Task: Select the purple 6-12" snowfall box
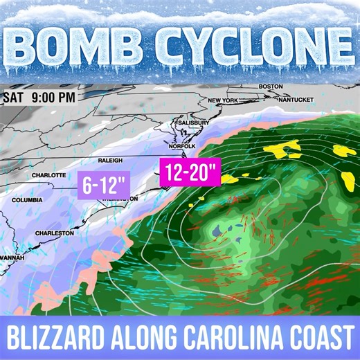[105, 185]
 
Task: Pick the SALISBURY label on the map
[193, 123]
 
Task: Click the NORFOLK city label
[183, 146]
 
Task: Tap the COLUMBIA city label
[28, 200]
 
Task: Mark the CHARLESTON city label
[54, 233]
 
